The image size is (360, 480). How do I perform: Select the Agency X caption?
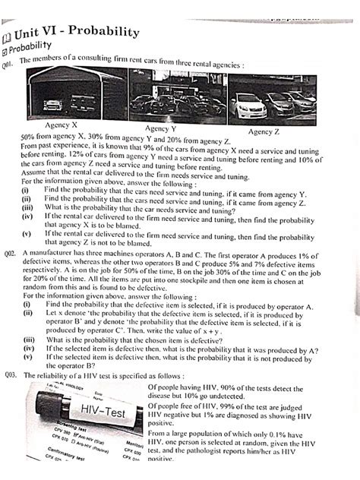point(64,124)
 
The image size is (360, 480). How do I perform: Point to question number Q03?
point(11,374)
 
